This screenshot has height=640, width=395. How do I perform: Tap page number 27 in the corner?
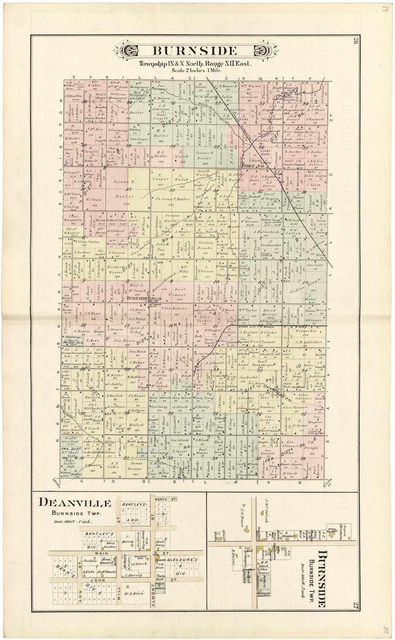pos(355,604)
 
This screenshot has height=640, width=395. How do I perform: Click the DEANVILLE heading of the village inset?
pos(75,503)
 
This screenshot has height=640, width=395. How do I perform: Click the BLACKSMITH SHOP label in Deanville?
pos(139,557)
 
